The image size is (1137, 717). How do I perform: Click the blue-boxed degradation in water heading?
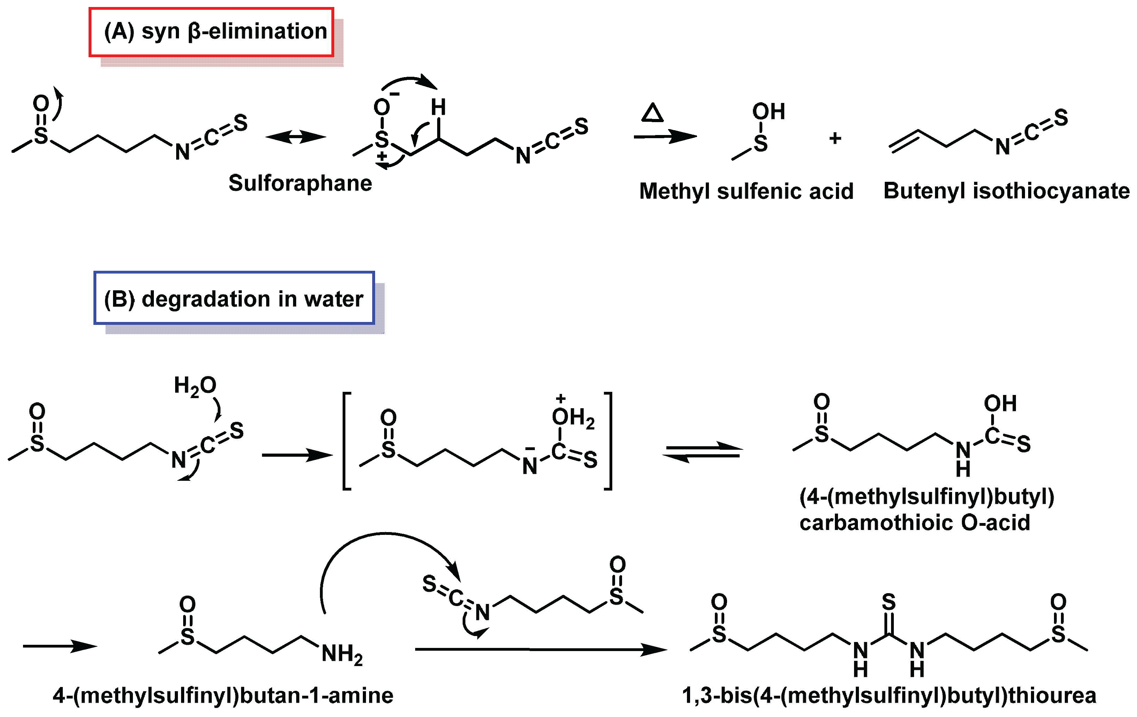click(x=234, y=299)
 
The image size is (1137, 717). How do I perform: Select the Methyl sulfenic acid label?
click(x=746, y=191)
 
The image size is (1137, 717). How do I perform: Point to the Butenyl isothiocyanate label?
click(x=1006, y=191)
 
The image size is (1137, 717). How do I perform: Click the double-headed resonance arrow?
click(x=296, y=137)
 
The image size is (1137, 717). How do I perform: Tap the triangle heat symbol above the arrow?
click(x=652, y=113)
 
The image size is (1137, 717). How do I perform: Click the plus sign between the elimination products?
click(x=835, y=138)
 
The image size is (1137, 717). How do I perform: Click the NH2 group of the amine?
click(x=342, y=655)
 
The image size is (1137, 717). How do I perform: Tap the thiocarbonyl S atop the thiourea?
click(x=889, y=602)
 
